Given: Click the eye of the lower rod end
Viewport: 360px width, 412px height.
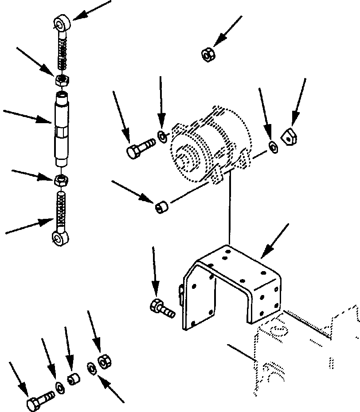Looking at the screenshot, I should (x=59, y=239).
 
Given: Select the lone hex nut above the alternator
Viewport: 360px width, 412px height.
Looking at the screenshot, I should (x=207, y=55).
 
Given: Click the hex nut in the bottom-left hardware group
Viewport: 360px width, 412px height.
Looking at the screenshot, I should (x=105, y=361).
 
